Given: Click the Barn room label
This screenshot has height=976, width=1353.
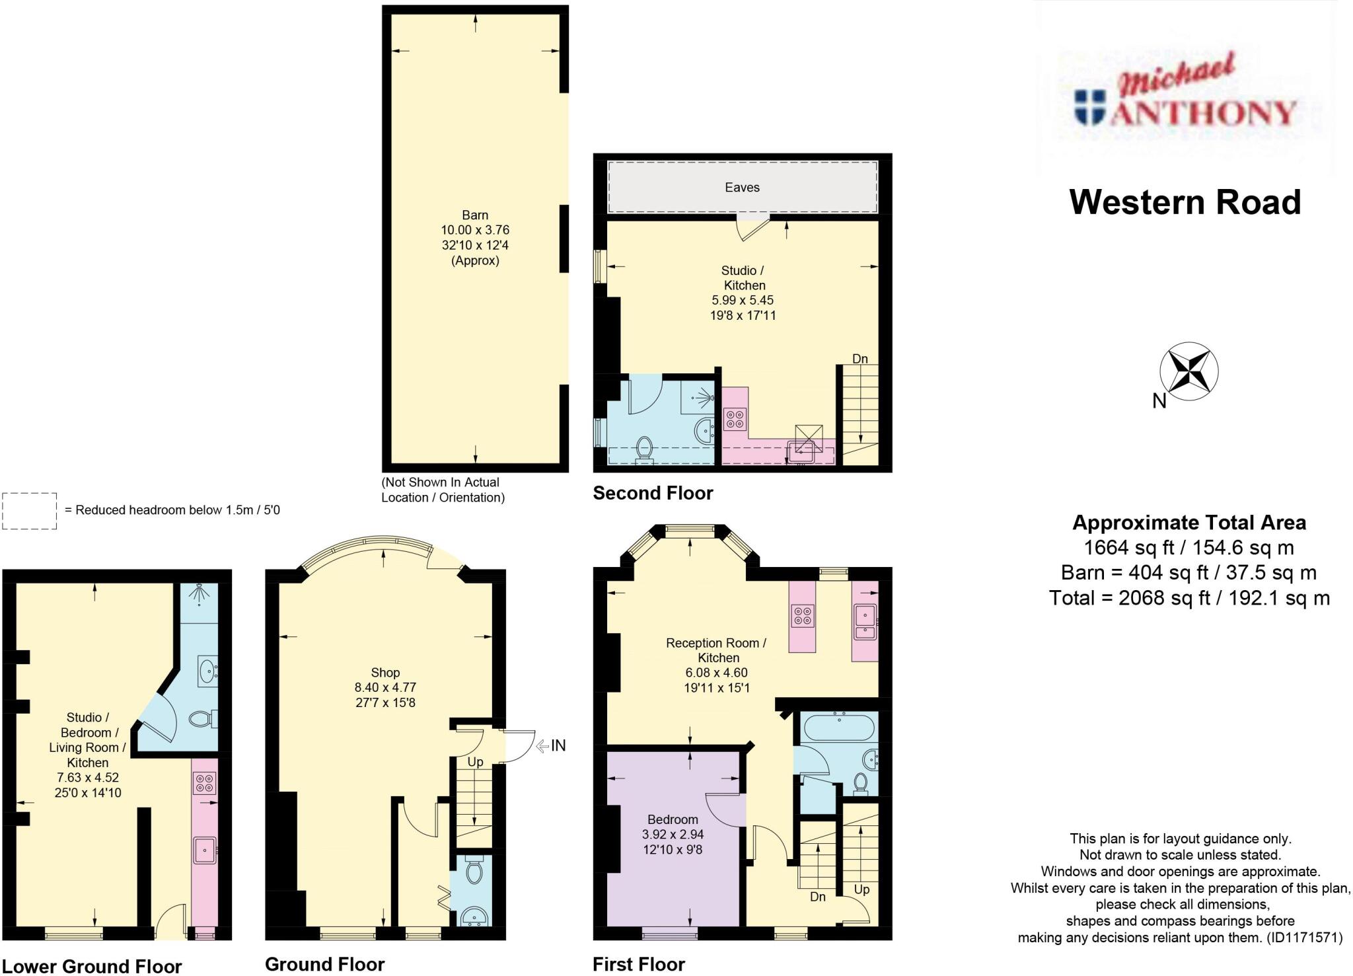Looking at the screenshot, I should (475, 215).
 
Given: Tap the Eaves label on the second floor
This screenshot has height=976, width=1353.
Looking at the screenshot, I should (742, 188).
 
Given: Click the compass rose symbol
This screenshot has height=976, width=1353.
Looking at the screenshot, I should (1189, 371).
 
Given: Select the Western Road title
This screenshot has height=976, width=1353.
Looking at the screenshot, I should (1185, 202).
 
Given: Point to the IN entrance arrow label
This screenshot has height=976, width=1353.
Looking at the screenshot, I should (558, 746).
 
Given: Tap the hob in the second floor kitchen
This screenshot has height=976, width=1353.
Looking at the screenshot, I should (735, 418).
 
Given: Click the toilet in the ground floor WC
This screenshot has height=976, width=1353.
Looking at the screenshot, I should (474, 871).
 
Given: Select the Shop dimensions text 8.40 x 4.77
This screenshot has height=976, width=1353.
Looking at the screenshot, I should (385, 687).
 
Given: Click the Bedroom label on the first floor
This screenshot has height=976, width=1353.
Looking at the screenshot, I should (673, 819).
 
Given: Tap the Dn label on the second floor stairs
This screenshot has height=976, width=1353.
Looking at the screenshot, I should (859, 359).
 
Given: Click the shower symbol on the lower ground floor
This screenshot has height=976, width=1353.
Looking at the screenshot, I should (199, 594).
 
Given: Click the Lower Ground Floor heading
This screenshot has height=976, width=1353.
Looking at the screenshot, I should (92, 966).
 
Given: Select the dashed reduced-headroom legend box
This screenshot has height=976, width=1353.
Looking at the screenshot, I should (30, 511).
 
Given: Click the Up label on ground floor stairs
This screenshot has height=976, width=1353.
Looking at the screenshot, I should (475, 762).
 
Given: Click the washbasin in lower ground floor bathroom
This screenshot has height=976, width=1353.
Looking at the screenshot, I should (208, 672).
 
